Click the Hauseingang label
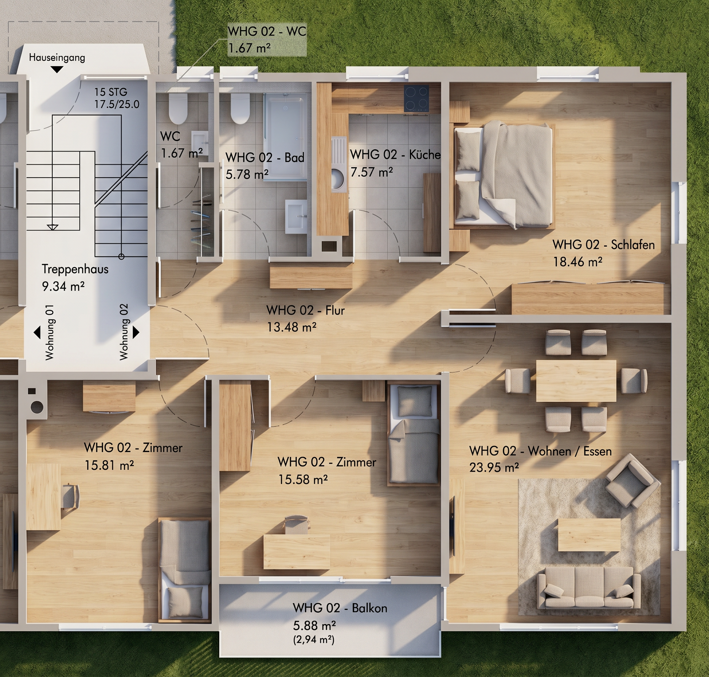[x=57, y=58]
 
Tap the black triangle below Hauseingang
[x=57, y=70]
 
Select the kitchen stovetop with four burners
[x=416, y=98]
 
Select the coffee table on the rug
[x=589, y=535]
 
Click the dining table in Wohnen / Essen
[x=576, y=381]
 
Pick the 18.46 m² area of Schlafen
[x=578, y=262]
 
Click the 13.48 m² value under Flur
[x=291, y=327]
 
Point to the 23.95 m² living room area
[x=494, y=468]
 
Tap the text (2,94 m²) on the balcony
[x=314, y=640]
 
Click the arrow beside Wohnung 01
[x=37, y=332]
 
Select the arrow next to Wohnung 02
[x=136, y=332]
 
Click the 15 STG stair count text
[x=111, y=92]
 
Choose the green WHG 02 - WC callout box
[x=267, y=40]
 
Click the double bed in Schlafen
[x=504, y=175]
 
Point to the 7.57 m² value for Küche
[x=372, y=172]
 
